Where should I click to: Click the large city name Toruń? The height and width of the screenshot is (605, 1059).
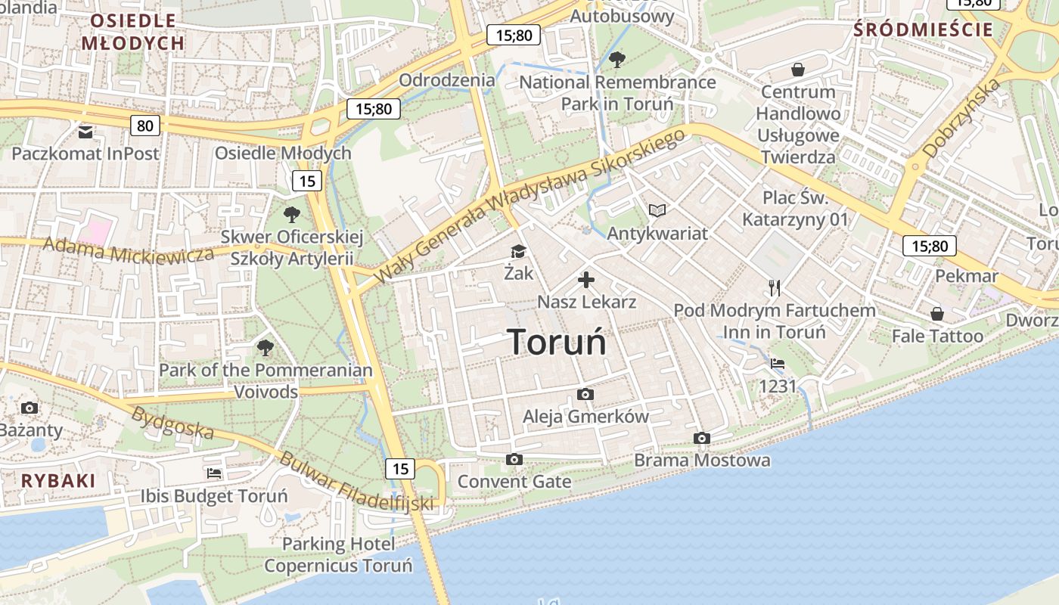557,342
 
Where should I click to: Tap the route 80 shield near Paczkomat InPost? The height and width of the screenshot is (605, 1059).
144,126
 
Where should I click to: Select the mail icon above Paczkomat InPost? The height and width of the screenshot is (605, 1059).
85,132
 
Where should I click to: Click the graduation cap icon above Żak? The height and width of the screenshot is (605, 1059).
518,252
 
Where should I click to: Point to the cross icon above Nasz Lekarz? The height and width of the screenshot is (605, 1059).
586,281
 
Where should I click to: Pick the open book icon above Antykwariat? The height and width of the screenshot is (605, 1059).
657,210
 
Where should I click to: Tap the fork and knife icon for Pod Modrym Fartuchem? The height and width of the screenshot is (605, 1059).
774,287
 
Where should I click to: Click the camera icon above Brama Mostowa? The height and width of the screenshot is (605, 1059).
702,439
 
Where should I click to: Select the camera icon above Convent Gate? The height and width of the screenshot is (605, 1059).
514,460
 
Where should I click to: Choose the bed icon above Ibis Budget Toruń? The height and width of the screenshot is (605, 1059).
214,473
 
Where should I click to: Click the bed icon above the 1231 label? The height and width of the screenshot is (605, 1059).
778,364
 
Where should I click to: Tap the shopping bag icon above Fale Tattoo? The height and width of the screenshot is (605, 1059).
937,313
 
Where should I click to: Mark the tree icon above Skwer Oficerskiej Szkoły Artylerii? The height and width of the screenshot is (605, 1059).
291,215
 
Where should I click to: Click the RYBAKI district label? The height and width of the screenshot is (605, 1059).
58,481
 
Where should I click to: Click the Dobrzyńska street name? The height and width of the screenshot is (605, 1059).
961,119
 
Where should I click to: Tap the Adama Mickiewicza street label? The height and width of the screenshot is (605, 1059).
129,250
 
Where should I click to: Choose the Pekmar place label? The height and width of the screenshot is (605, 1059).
967,275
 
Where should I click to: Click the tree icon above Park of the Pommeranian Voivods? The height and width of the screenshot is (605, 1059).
265,348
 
